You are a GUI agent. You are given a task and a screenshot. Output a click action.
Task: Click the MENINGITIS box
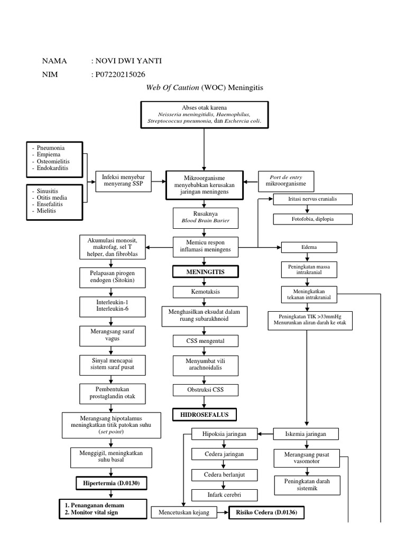coord(205,272)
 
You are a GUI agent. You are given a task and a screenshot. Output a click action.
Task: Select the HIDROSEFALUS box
coord(205,415)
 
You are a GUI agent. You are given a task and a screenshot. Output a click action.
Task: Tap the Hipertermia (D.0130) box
coord(110,483)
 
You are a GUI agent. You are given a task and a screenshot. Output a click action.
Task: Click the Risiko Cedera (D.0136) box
coord(266,512)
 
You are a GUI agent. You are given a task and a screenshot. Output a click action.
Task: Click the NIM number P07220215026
coord(120,75)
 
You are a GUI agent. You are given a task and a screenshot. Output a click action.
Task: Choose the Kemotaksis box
coord(205,292)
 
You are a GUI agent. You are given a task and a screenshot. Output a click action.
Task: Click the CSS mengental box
coord(205,341)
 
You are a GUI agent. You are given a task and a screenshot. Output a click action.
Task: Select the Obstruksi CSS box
coord(205,390)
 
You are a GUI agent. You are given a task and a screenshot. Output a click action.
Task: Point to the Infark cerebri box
coord(217,495)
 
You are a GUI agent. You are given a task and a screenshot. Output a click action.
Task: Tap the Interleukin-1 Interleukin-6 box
coord(110,305)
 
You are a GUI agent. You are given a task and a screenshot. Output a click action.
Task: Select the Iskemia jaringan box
coord(306,434)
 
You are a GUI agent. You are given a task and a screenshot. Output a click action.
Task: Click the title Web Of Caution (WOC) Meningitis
coord(204,87)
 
